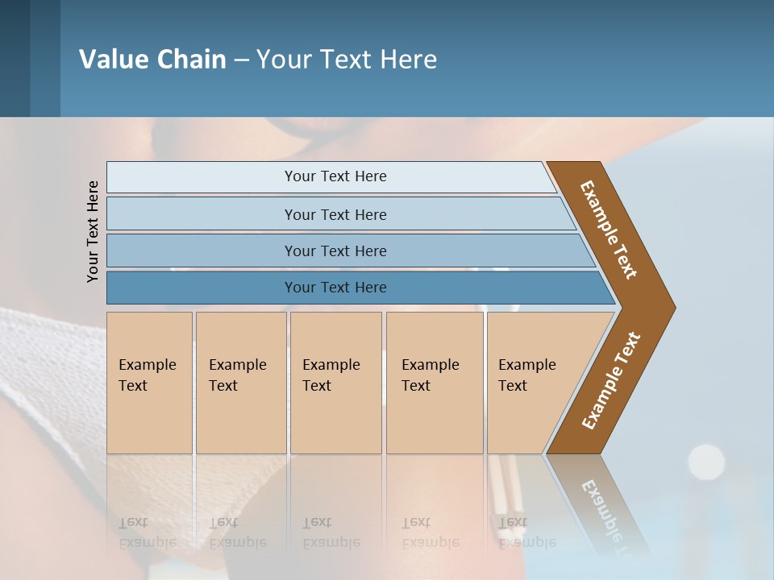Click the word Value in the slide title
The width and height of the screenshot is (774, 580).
click(111, 60)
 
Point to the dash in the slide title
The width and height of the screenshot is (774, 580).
click(241, 60)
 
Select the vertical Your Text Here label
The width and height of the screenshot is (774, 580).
click(93, 231)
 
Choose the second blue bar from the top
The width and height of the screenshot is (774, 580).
click(335, 214)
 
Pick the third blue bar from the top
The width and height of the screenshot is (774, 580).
click(335, 251)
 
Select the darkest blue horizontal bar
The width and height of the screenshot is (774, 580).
click(335, 288)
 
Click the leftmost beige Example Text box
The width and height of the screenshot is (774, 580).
click(149, 383)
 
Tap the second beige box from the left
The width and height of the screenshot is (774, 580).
click(240, 383)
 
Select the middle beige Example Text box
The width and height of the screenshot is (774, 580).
click(335, 383)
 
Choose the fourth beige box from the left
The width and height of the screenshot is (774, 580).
click(434, 383)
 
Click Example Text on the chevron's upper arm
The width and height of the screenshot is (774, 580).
click(609, 230)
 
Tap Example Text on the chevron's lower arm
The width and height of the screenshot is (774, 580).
click(610, 381)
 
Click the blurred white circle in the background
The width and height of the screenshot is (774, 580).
click(706, 462)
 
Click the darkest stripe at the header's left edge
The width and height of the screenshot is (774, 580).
click(15, 58)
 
